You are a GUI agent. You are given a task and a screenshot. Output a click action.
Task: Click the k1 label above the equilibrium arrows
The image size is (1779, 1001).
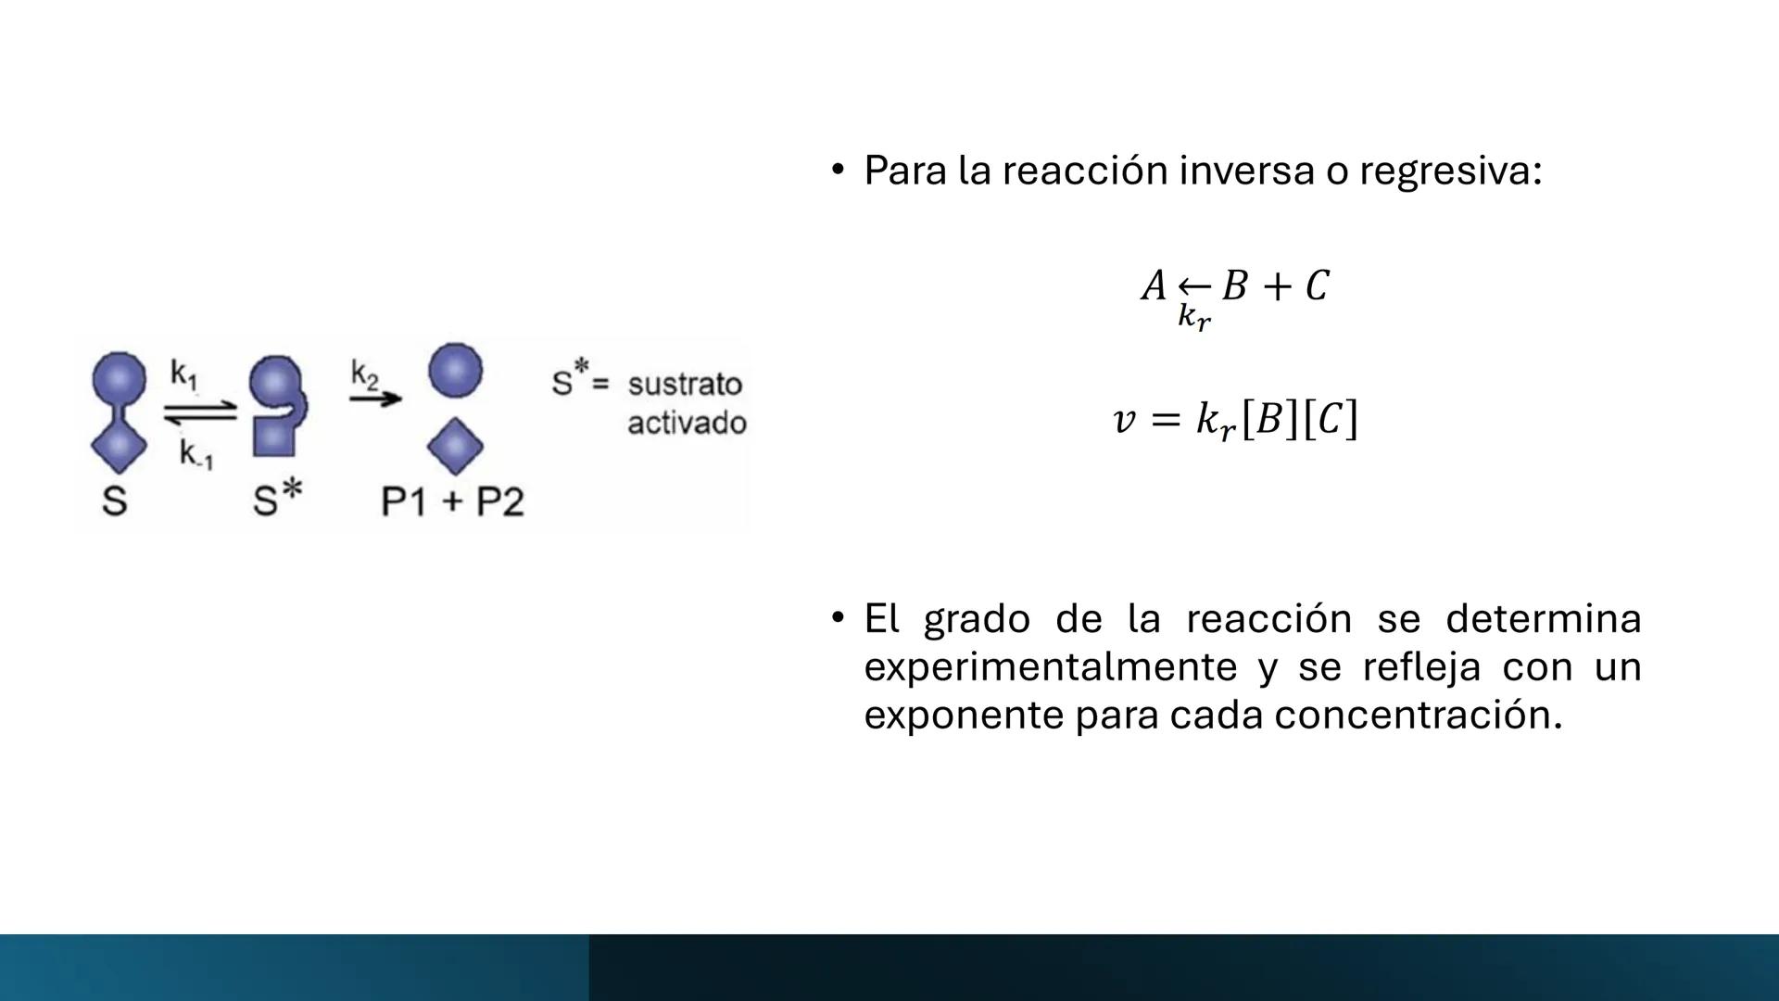coord(183,374)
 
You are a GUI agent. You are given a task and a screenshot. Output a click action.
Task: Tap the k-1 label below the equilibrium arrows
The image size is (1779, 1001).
coord(196,455)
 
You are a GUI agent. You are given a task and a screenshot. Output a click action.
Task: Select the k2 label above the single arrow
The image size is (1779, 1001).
coord(365,374)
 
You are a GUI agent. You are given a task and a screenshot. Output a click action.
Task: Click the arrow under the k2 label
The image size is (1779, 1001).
coord(375,399)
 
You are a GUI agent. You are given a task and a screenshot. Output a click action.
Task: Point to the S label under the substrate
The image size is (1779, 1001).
coord(114,501)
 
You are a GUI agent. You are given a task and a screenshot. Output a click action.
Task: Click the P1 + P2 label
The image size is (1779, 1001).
coord(452,501)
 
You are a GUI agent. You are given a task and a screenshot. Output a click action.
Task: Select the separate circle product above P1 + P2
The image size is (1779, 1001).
coord(455,370)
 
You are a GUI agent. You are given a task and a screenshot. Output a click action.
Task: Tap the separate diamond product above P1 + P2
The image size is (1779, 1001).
coord(455,446)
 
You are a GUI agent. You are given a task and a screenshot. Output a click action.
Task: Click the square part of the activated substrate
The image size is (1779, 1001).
coord(274,435)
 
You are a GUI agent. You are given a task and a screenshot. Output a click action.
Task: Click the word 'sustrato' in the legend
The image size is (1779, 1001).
coord(685,384)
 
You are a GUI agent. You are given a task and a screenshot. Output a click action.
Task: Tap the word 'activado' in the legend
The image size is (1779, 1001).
coord(687,424)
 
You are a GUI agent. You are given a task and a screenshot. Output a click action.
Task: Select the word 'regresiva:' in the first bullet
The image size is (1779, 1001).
coord(1450,171)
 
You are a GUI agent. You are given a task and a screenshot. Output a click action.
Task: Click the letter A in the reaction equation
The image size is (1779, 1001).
coord(1154,285)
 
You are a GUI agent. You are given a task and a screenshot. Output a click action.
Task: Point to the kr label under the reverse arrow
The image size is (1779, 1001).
coord(1193,317)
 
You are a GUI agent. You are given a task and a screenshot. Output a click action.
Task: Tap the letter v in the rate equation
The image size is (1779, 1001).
coord(1123,420)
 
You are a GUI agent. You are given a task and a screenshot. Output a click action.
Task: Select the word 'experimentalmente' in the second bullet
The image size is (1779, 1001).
coord(1050,667)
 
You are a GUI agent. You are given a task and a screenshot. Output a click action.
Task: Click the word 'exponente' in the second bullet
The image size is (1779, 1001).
coord(963,716)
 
